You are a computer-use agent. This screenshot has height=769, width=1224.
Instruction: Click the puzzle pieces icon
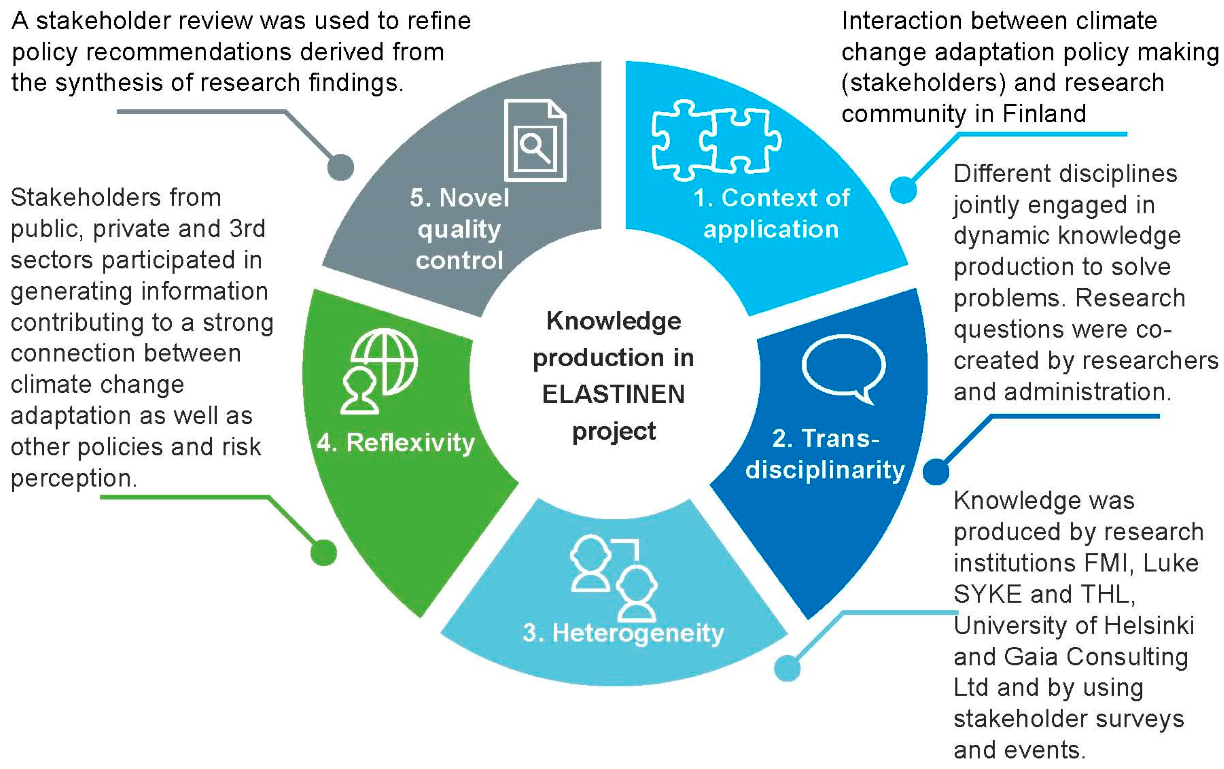[x=716, y=140]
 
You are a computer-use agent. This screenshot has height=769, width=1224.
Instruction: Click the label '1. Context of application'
[x=771, y=213]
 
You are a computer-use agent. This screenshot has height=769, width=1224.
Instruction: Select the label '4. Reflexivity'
[x=395, y=442]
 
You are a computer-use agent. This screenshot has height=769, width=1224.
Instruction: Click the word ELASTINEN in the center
[x=613, y=394]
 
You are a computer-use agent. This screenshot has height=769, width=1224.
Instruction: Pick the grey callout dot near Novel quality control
[x=340, y=167]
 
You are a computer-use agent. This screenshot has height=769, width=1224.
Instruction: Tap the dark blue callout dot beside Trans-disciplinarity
[x=936, y=472]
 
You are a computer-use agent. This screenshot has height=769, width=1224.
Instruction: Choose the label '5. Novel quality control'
[x=459, y=229]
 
